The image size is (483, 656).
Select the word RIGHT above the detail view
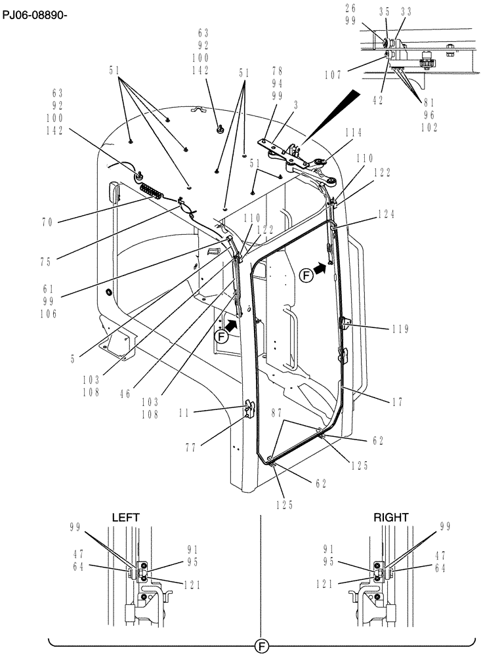click(391, 517)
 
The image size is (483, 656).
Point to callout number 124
click(387, 215)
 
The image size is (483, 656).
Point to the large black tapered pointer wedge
click(335, 115)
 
